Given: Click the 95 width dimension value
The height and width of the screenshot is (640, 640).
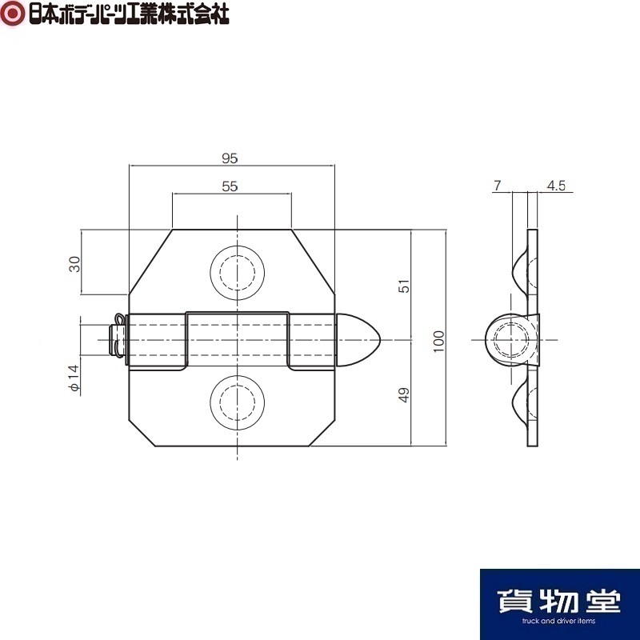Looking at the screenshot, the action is [x=230, y=158].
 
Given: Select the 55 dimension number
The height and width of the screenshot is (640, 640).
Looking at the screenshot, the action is [x=230, y=186].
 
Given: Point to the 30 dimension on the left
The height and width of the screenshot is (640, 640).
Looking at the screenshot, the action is [x=74, y=264].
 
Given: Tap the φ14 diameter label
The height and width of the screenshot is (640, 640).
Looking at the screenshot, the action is [x=74, y=378].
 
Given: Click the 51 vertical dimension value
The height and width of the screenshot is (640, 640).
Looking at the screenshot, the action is [x=404, y=286].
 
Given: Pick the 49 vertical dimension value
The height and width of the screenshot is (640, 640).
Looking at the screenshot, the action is [x=404, y=394].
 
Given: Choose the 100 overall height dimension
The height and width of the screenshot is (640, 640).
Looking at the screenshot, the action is [x=438, y=342].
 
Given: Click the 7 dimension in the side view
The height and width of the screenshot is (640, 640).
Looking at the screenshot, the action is [x=497, y=186].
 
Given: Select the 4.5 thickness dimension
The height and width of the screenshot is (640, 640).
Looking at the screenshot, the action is [x=556, y=186].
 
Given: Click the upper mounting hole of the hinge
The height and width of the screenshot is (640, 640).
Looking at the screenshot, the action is [x=237, y=273].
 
